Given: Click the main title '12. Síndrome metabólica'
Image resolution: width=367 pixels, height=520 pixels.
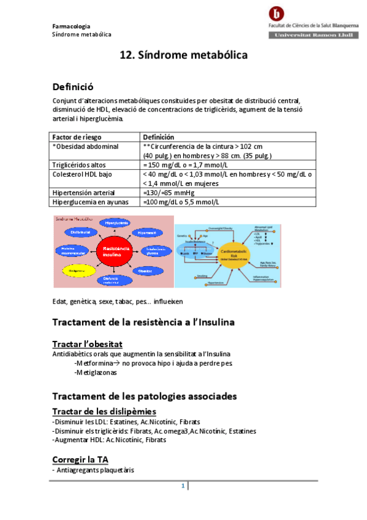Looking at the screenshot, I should pos(183,55).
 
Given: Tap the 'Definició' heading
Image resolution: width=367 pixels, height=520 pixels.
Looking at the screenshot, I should pos(73,87).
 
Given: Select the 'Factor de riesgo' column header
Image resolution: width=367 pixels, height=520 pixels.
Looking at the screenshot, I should pos(77,137).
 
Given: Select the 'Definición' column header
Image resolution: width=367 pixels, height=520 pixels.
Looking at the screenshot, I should pos(158,137).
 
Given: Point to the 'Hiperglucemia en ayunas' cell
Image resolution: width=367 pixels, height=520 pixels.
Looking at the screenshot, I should pos(89,202).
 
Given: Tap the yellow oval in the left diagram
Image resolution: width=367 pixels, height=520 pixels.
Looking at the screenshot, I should pos(77,269).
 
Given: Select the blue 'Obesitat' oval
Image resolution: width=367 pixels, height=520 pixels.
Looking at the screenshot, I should pos(146,270).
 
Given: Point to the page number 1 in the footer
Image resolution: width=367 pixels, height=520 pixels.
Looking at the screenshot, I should pos(183,486).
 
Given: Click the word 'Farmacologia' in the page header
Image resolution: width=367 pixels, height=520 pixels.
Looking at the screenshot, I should pos(71,26).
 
